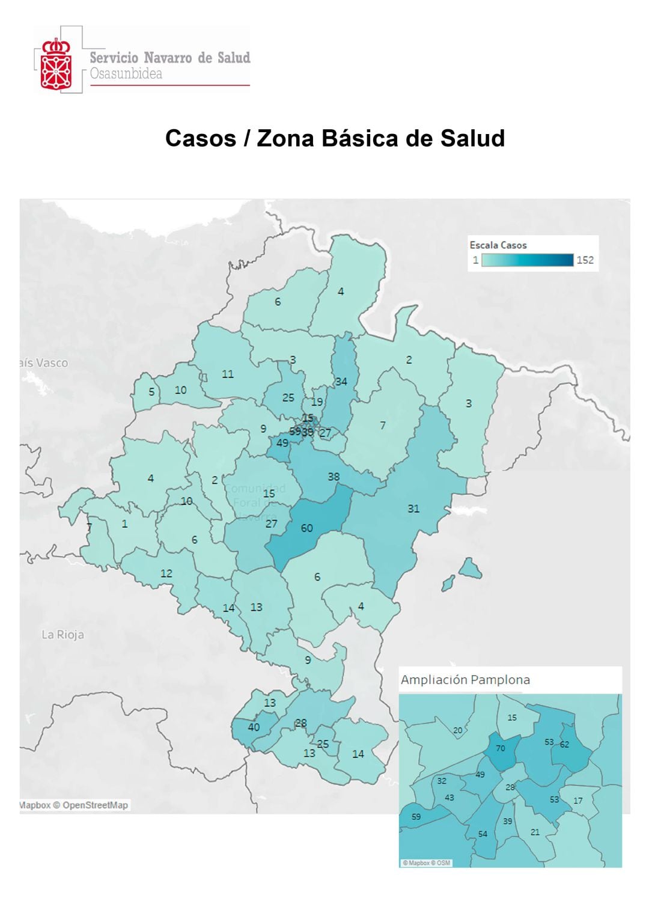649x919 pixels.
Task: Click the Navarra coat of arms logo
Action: point(56,64)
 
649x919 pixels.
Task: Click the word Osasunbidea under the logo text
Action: point(126,74)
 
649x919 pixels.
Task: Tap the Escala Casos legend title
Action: point(498,245)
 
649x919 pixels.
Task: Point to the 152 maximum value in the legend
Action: point(585,260)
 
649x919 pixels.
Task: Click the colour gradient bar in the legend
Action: point(527,260)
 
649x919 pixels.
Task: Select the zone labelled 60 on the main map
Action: point(307,528)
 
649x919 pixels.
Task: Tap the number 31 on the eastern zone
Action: point(413,508)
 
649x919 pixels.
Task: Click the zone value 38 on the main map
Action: point(334,477)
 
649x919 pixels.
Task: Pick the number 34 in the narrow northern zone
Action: point(341,382)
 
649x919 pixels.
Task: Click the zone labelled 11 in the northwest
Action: point(228,374)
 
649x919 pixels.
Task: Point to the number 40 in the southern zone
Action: point(254,727)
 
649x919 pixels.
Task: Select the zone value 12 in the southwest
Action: point(166,573)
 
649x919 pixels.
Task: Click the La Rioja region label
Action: point(62,635)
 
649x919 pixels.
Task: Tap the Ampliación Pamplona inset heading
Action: point(465,680)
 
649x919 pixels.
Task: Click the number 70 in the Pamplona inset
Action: point(501,748)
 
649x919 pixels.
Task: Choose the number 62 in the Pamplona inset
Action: point(564,744)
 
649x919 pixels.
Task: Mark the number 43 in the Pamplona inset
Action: point(449,798)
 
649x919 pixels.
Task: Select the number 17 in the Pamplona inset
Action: point(578,801)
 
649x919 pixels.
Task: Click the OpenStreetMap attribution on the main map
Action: point(95,805)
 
